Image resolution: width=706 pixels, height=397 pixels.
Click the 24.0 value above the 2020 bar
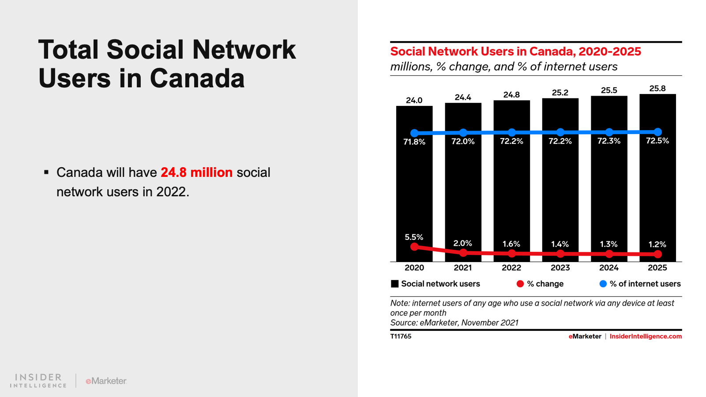414,100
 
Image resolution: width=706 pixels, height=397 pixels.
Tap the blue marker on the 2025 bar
657,132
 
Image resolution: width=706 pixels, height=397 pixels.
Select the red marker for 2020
414,247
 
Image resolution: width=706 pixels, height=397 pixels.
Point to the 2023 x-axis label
560,268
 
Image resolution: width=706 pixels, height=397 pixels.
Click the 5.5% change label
414,237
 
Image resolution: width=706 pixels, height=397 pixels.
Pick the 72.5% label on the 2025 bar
657,141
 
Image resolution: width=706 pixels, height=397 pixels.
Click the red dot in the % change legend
520,284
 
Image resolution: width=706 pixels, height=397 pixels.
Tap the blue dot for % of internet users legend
603,284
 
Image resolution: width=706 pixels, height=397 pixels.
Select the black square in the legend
395,284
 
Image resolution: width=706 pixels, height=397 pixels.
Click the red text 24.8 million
196,172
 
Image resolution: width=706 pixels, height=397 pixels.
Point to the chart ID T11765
401,336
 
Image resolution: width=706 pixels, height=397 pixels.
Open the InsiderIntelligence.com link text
646,336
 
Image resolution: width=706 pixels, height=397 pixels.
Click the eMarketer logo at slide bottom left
106,381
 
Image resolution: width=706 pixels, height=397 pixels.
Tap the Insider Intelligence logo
38,380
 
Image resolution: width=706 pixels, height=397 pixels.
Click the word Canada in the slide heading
197,79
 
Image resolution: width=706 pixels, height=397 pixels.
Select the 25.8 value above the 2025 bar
657,89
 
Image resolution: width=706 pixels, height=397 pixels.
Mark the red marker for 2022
511,253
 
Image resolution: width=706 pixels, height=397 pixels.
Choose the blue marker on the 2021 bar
463,132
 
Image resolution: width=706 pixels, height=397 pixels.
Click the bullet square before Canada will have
46,172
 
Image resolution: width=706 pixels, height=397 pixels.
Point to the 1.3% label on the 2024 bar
608,244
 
